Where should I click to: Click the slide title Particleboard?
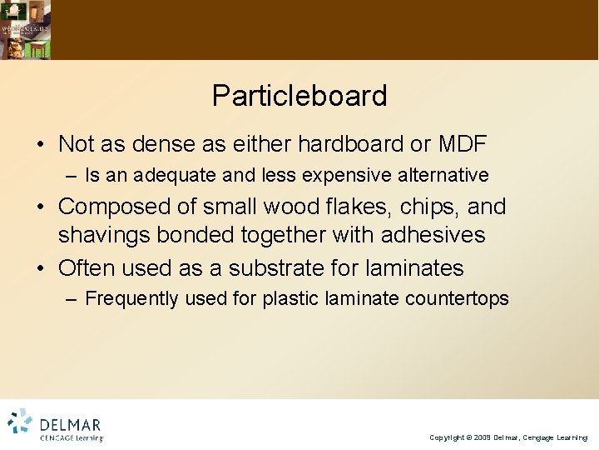[x=299, y=96]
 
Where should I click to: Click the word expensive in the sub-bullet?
[x=349, y=175]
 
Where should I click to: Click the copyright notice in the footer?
[x=508, y=437]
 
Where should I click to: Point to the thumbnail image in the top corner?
[x=25, y=29]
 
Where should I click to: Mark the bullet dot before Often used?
[x=41, y=268]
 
